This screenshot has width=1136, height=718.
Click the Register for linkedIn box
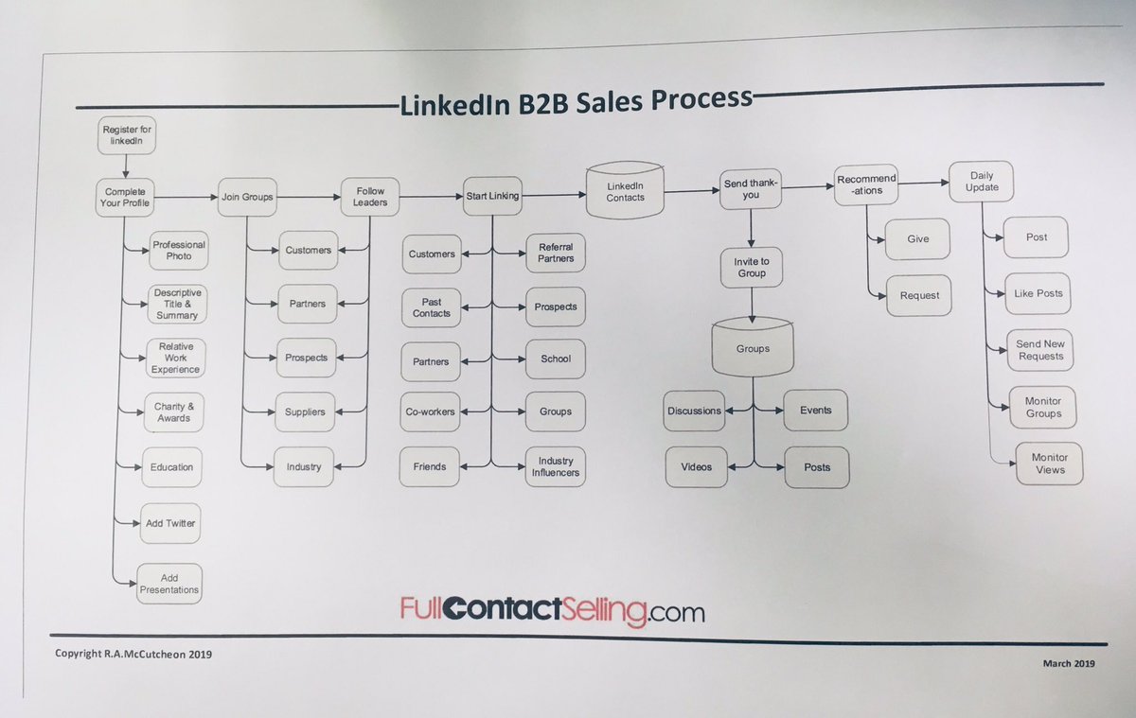(x=126, y=136)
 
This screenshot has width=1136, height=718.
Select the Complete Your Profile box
(x=126, y=196)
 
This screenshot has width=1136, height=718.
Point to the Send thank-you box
(x=750, y=188)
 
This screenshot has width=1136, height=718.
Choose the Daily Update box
(x=982, y=181)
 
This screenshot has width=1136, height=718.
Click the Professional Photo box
(x=178, y=250)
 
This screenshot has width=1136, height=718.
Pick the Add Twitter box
(x=170, y=522)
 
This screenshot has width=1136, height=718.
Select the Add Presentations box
(x=169, y=583)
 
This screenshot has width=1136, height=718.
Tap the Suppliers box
(x=305, y=412)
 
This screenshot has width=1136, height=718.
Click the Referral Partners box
(x=556, y=252)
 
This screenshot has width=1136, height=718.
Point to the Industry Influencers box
(x=556, y=466)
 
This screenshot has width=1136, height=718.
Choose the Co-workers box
(x=431, y=412)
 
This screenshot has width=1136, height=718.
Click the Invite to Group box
(x=751, y=267)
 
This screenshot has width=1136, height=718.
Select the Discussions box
(x=693, y=411)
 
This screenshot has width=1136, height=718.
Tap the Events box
(x=815, y=410)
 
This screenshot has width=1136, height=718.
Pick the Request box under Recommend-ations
(x=919, y=295)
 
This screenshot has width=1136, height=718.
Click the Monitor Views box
(x=1049, y=464)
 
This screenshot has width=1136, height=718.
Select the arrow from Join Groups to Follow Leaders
(x=310, y=197)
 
